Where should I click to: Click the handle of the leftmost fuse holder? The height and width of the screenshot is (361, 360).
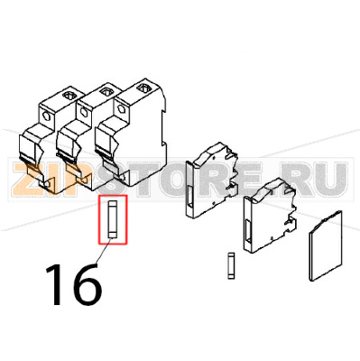coord(34,171)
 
